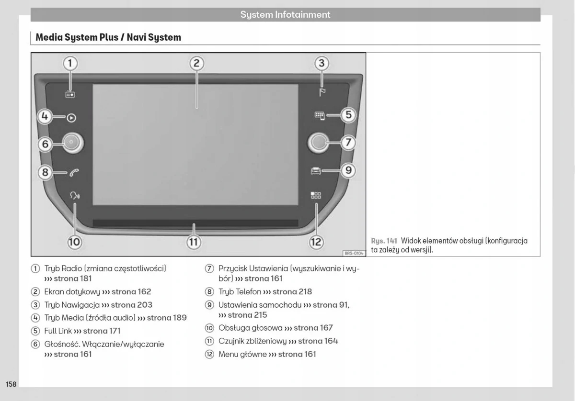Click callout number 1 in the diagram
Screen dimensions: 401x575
coord(70,64)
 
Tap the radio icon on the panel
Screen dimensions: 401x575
coord(70,95)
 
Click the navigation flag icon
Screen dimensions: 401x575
coord(322,92)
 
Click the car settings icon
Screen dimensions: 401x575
coord(316,171)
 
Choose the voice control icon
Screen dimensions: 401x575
coord(75,195)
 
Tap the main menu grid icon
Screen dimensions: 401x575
coord(316,195)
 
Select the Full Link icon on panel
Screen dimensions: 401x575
coord(319,115)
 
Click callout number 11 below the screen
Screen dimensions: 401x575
coord(193,242)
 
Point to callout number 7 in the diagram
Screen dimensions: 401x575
coord(348,143)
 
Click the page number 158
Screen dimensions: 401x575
coord(11,384)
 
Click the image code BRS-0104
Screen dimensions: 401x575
coord(354,253)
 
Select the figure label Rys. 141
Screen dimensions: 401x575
coord(384,241)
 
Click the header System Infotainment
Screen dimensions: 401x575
coord(285,15)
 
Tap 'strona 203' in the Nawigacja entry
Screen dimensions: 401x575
coord(132,305)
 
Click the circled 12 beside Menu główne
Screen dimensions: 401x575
coord(209,355)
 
